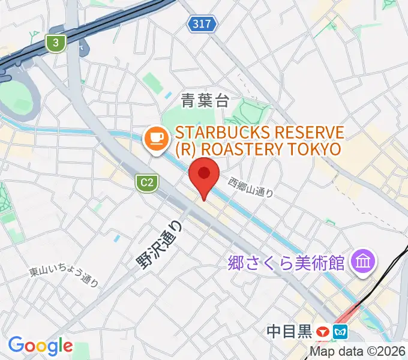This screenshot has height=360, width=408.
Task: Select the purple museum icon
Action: (x=364, y=261)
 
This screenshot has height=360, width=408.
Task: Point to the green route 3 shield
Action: (x=56, y=43)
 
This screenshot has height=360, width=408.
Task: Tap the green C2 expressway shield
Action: (x=145, y=181)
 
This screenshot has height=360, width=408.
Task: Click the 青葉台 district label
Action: (x=205, y=101)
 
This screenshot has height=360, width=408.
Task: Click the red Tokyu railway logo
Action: (x=323, y=331)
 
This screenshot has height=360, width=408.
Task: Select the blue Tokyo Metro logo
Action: (x=340, y=331)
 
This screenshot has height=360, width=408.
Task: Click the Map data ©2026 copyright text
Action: (x=358, y=352)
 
